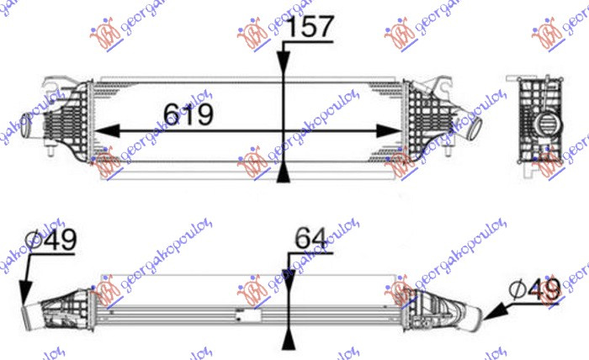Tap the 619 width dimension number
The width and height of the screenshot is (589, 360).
[188, 113]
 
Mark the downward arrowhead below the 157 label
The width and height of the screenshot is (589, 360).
[284, 68]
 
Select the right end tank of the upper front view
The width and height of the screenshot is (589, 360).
[421, 122]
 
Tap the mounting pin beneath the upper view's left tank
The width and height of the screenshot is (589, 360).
[53, 156]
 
